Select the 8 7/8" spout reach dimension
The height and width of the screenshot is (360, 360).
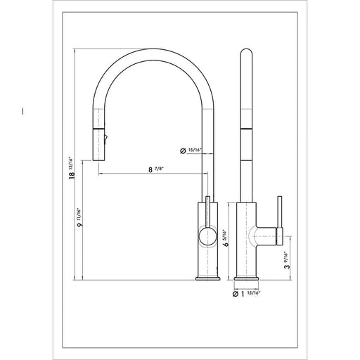pyautogui.click(x=151, y=168)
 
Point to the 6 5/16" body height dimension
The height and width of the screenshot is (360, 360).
pyautogui.click(x=223, y=237)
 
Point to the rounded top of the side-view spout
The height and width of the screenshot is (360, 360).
pyautogui.click(x=246, y=53)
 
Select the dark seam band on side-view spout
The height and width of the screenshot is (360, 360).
pyautogui.click(x=246, y=129)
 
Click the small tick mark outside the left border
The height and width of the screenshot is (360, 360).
pyautogui.click(x=23, y=110)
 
